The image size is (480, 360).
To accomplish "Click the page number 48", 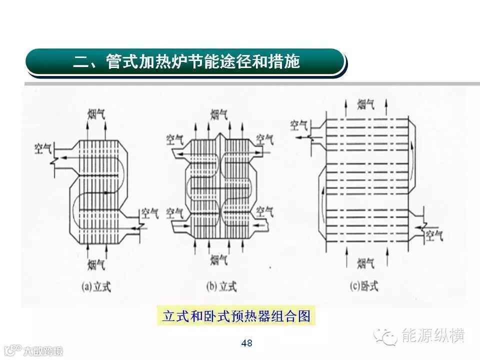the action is click(x=246, y=343).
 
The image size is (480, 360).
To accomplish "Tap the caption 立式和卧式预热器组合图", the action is click(x=236, y=316).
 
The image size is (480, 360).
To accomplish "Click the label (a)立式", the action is click(x=96, y=286).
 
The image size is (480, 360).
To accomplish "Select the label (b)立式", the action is click(x=221, y=286).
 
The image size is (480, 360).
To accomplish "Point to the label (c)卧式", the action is click(x=363, y=286).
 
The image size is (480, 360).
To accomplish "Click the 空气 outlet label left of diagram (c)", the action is click(x=300, y=123).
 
